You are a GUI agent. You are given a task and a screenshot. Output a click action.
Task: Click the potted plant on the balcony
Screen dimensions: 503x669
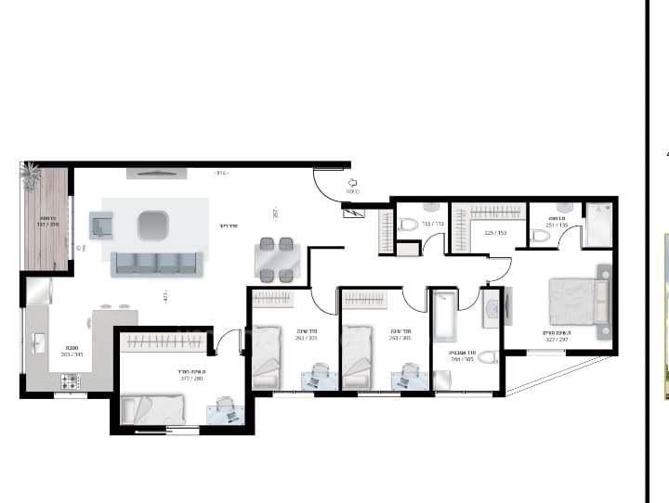[x=31, y=173]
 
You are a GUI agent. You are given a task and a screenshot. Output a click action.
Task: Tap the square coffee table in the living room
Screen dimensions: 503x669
[x=153, y=224]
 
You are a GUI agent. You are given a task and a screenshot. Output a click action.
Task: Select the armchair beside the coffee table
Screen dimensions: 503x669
[x=100, y=224]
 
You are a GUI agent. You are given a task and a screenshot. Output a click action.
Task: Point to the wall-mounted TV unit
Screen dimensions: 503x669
[x=155, y=174]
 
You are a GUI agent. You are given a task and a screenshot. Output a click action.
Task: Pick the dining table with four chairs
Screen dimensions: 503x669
[x=277, y=260]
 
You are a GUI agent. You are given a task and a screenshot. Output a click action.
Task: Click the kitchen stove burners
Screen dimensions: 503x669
[x=71, y=380]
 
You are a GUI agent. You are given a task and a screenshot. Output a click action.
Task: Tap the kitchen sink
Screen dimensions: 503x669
[x=38, y=344]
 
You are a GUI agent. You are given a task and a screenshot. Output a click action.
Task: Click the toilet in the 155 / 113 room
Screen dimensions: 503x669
[x=408, y=224]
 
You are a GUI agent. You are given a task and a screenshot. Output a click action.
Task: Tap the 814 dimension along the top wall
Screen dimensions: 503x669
[x=220, y=174]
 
